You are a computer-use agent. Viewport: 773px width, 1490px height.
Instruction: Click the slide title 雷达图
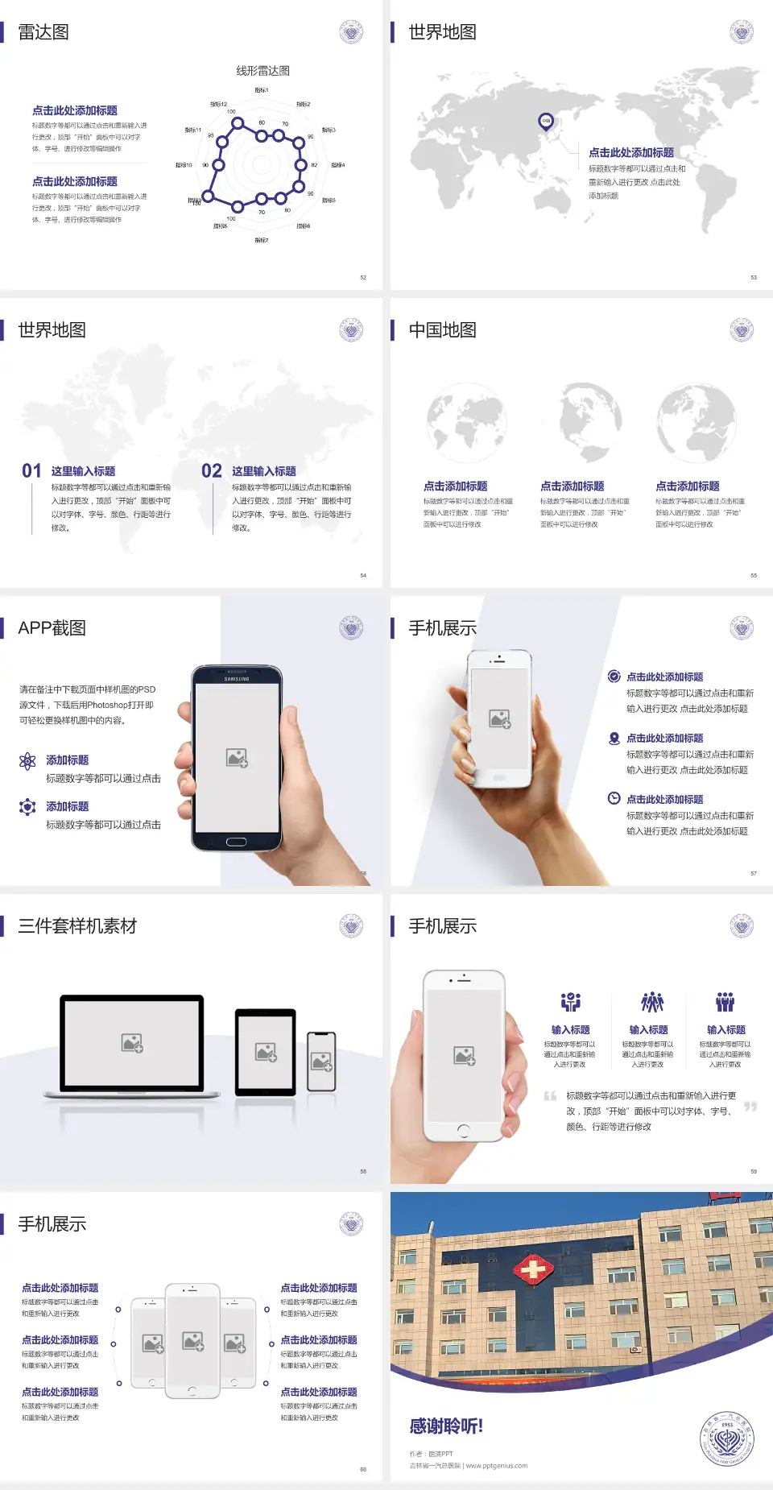click(43, 32)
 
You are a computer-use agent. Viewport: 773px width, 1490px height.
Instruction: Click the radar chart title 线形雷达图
click(262, 71)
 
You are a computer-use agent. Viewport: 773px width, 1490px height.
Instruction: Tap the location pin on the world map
click(546, 122)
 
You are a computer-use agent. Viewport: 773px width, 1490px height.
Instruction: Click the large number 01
click(31, 471)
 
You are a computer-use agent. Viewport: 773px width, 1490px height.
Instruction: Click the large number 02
click(212, 471)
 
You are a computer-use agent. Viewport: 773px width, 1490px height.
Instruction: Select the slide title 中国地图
click(442, 330)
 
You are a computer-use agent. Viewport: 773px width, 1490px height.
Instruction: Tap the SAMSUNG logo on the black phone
click(237, 679)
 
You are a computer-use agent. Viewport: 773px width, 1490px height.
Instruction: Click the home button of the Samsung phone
click(236, 842)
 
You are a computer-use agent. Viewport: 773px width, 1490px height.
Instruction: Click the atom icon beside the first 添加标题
click(27, 761)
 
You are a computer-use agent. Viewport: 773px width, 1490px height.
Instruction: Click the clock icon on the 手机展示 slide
click(614, 798)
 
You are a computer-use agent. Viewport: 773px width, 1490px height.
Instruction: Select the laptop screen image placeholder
click(132, 1043)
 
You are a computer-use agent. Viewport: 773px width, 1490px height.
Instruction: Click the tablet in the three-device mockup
click(266, 1051)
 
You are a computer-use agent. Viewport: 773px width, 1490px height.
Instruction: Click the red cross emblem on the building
click(533, 1270)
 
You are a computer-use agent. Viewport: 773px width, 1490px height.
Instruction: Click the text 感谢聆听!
click(446, 1426)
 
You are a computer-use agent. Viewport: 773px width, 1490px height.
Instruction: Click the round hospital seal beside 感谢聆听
click(727, 1438)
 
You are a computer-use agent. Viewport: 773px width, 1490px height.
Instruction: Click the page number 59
click(754, 1172)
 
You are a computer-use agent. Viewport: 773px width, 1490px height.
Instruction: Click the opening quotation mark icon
click(550, 1096)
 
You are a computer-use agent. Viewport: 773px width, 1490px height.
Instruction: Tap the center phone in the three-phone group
click(192, 1340)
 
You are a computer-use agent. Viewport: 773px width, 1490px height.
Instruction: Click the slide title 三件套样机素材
click(77, 926)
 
